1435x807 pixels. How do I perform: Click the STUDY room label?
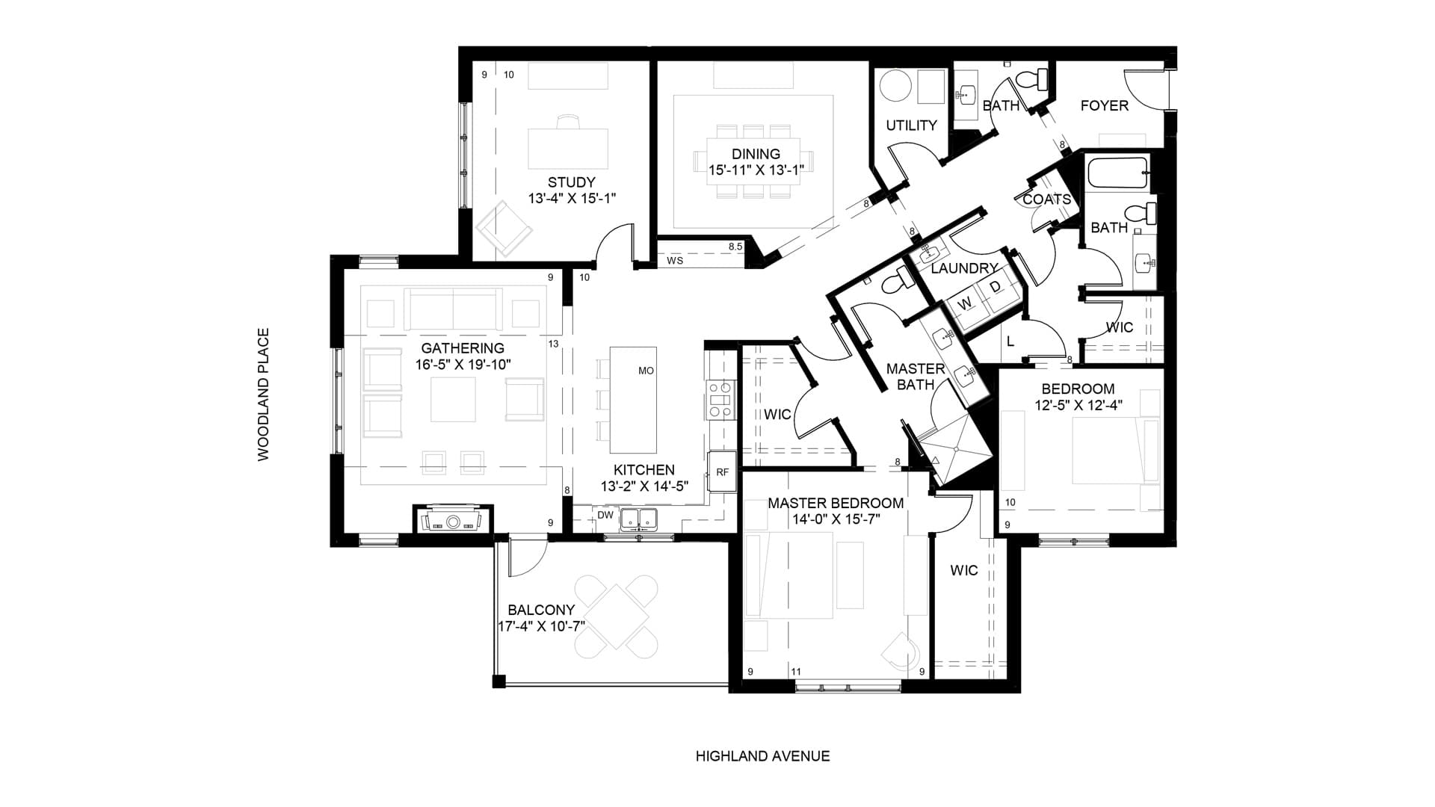[572, 182]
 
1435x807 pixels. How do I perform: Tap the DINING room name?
[756, 155]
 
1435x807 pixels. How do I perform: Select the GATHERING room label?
[463, 348]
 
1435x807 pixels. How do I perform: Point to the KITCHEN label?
[644, 470]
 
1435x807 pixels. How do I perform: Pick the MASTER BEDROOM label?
[836, 504]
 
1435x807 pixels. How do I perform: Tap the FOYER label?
[1105, 106]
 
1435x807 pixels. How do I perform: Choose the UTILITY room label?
[911, 126]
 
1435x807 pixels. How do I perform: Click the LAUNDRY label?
[965, 268]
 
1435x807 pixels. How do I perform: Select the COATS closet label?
[1047, 200]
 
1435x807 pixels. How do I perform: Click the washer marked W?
[965, 304]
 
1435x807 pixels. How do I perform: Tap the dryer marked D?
[995, 288]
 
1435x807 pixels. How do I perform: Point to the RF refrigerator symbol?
[722, 472]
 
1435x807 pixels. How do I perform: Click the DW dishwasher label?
[605, 515]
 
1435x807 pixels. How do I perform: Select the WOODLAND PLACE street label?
[263, 395]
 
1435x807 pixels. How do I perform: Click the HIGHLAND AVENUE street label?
[762, 756]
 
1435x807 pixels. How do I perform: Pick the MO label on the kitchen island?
[646, 371]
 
